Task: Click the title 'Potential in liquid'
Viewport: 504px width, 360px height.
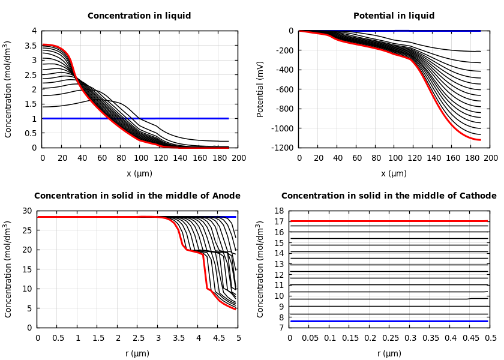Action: pyautogui.click(x=394, y=16)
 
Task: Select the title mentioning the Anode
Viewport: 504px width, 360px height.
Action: pyautogui.click(x=137, y=196)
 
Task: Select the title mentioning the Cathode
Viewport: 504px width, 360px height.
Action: pyautogui.click(x=389, y=196)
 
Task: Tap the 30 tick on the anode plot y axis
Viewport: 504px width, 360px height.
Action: pyautogui.click(x=26, y=211)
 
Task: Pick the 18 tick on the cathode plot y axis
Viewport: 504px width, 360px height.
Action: pyautogui.click(x=278, y=211)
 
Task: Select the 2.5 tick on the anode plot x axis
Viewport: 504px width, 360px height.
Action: pyautogui.click(x=138, y=338)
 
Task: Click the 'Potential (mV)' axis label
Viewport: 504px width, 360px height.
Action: pyautogui.click(x=260, y=89)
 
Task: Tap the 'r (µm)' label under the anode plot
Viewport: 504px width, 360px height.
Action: pyautogui.click(x=137, y=353)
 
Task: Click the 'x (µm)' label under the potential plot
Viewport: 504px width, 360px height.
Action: pyautogui.click(x=394, y=173)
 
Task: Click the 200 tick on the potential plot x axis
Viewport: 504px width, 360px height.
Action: pyautogui.click(x=491, y=158)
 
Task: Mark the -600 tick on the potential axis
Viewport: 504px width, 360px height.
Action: pyautogui.click(x=283, y=89)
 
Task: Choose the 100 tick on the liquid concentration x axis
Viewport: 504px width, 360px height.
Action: pyautogui.click(x=140, y=158)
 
